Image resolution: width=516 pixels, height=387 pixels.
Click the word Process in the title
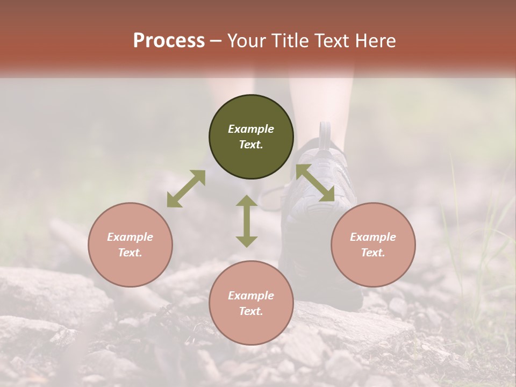pos(169,41)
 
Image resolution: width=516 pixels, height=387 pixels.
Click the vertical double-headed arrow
pos(247,221)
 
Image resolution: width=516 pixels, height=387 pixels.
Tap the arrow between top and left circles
pos(186,189)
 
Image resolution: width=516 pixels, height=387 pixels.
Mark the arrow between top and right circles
pos(316,183)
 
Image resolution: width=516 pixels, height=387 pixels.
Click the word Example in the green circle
pos(251,129)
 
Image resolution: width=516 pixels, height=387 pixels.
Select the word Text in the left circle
pos(130,253)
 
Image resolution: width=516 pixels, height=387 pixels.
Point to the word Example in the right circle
pos(373,237)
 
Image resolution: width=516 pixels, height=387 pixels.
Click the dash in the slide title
pos(216,41)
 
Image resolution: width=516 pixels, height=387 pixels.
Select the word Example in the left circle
pos(130,237)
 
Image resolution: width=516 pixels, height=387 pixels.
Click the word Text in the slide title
pos(329,41)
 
